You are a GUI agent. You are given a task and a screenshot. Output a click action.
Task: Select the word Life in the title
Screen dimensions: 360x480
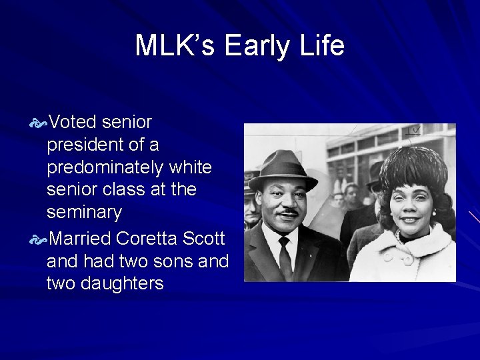(321, 46)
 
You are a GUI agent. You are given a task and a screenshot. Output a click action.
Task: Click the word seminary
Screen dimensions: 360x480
(84, 213)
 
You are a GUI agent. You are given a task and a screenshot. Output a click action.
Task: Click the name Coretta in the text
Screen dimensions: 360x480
(145, 237)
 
